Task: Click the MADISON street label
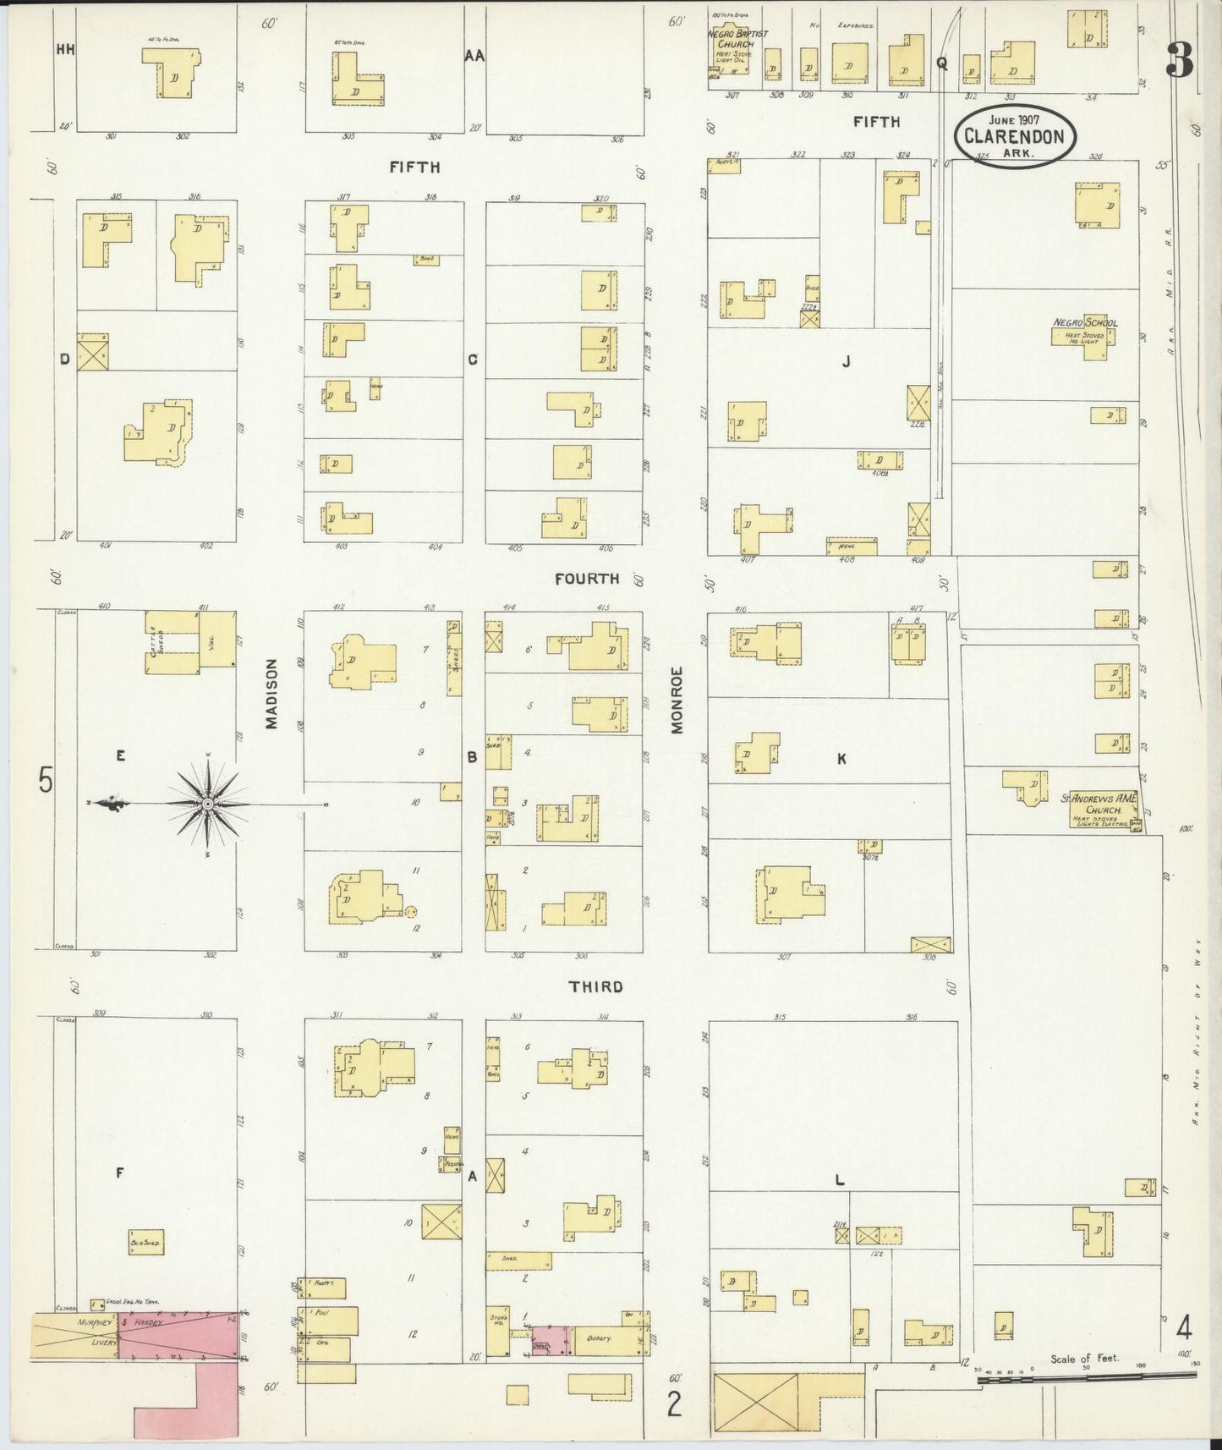point(271,694)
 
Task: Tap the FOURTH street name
point(587,579)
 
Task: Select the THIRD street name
point(595,986)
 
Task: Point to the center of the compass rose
point(208,804)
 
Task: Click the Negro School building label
point(1085,322)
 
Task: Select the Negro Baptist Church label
point(737,39)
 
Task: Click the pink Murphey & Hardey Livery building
point(178,1336)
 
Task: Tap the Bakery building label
point(599,1339)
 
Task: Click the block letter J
point(845,362)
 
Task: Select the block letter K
point(841,759)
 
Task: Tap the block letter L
point(839,1180)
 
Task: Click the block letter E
point(120,756)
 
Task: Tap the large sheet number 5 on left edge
point(45,780)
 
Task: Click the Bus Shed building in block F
point(146,1242)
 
